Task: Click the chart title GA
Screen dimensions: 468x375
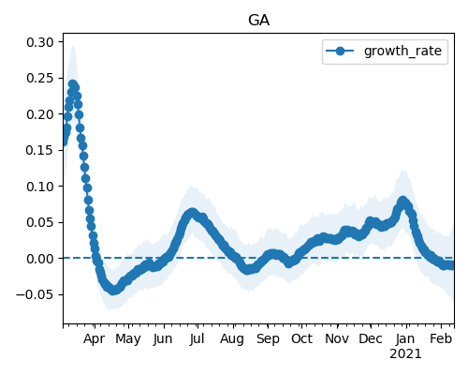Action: coord(258,21)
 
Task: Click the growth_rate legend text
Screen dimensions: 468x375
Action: coord(402,51)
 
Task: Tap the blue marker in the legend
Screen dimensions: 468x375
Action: coord(340,51)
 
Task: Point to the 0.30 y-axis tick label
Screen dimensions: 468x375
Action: coord(40,42)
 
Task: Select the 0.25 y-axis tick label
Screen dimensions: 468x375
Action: coord(40,78)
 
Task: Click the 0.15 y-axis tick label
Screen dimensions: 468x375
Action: coord(40,150)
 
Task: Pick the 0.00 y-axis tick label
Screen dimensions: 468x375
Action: coord(40,259)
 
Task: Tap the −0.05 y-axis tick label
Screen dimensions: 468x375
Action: coord(36,294)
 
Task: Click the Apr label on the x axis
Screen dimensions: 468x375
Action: coord(95,338)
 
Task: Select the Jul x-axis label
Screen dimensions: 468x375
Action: coord(197,338)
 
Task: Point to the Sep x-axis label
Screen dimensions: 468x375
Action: coord(268,338)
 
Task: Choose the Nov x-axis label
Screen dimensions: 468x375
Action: coord(337,338)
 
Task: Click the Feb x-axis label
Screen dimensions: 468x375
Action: coord(441,338)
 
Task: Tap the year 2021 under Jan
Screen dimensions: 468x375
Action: coord(405,354)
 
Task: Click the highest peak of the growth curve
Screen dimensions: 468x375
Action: coord(73,84)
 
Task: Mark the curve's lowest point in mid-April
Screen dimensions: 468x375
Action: coord(113,290)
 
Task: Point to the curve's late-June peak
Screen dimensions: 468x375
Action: coord(192,213)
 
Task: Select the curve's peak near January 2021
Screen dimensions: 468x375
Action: coord(402,201)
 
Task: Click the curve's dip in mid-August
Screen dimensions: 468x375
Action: coord(247,270)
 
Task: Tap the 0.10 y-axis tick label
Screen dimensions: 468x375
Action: coord(40,187)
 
